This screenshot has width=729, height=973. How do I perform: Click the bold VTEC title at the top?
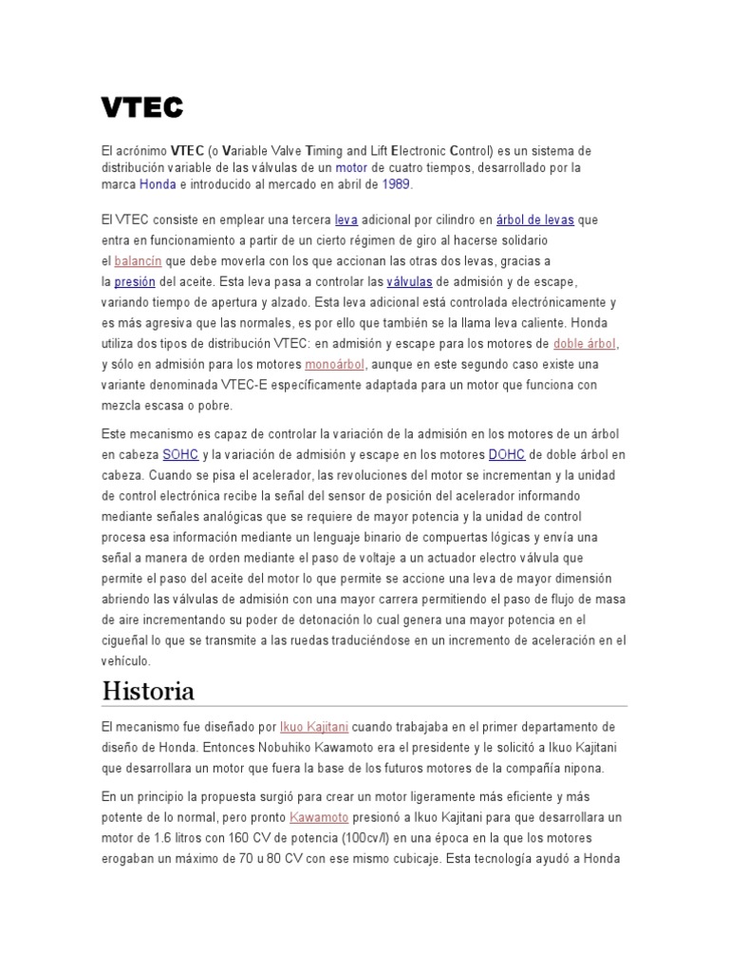(142, 108)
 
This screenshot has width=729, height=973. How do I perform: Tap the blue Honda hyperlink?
(158, 184)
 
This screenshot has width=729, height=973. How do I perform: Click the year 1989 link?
(397, 184)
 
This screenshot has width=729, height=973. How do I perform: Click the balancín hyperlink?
(139, 261)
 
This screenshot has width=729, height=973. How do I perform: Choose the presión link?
(134, 282)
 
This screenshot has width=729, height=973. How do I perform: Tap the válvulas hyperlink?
(409, 282)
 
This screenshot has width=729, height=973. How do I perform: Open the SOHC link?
(180, 455)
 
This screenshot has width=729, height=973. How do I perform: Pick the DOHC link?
(506, 455)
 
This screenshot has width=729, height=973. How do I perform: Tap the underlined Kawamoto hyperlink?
(319, 817)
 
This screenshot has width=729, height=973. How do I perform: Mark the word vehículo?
(125, 661)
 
